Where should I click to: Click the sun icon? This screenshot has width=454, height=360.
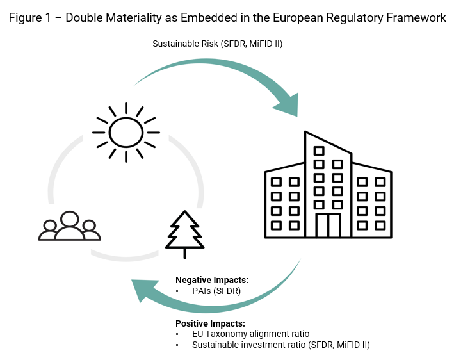click(126, 133)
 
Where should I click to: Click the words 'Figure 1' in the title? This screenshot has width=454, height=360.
click(28, 18)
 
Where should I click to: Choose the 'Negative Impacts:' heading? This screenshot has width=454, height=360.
click(212, 280)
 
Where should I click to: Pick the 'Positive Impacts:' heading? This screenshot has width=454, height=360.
click(210, 323)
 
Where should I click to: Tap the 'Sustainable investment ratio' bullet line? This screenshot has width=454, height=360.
click(281, 345)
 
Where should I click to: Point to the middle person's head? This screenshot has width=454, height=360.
click(69, 218)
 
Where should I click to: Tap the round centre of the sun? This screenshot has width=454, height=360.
click(126, 133)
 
